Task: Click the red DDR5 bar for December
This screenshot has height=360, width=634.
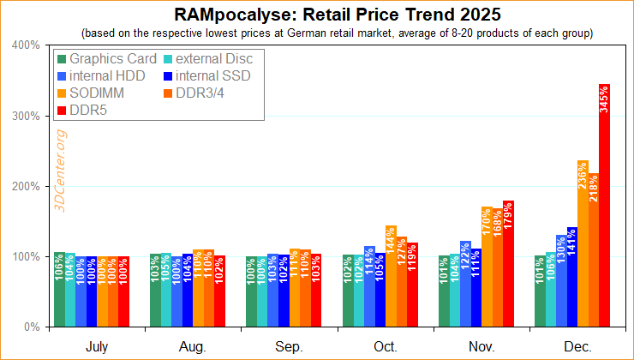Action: pos(604,206)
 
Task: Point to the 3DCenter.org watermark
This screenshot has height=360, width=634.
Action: pos(62,172)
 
